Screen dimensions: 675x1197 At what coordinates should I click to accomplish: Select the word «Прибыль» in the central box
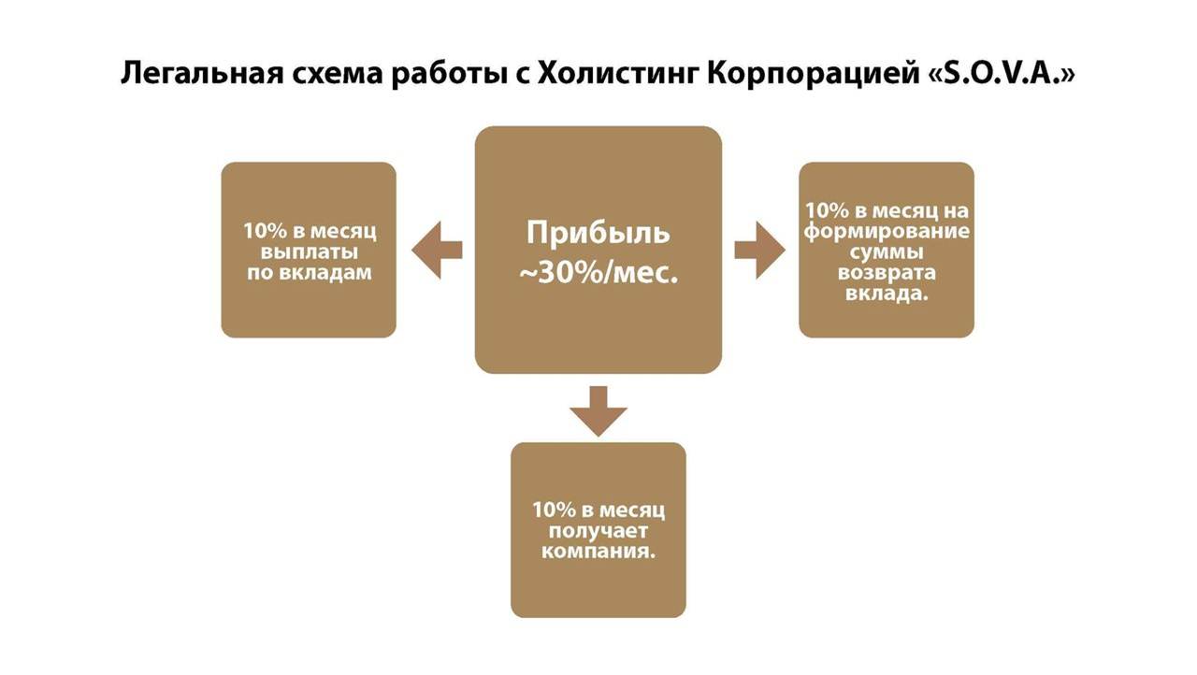pyautogui.click(x=598, y=234)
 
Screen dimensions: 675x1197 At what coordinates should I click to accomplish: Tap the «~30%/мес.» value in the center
pyautogui.click(x=598, y=274)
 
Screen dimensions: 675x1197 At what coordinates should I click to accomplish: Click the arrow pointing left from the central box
pyautogui.click(x=437, y=250)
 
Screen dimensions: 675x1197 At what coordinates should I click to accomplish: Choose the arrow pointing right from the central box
pyautogui.click(x=759, y=250)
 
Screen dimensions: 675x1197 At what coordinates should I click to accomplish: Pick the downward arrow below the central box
pyautogui.click(x=598, y=409)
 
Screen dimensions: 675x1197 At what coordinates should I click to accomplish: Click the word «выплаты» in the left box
pyautogui.click(x=309, y=251)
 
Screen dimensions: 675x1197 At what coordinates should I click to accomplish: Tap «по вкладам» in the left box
pyautogui.click(x=309, y=273)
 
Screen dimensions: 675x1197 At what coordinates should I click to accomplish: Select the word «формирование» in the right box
pyautogui.click(x=887, y=231)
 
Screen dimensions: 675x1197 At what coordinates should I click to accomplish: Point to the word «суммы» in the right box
pyautogui.click(x=887, y=252)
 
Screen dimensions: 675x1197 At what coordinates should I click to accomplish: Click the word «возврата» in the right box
pyautogui.click(x=887, y=273)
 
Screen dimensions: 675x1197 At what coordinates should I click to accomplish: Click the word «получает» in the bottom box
pyautogui.click(x=598, y=531)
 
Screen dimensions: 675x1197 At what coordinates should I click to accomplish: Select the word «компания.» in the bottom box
pyautogui.click(x=598, y=552)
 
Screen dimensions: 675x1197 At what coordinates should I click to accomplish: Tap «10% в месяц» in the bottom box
pyautogui.click(x=598, y=510)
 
